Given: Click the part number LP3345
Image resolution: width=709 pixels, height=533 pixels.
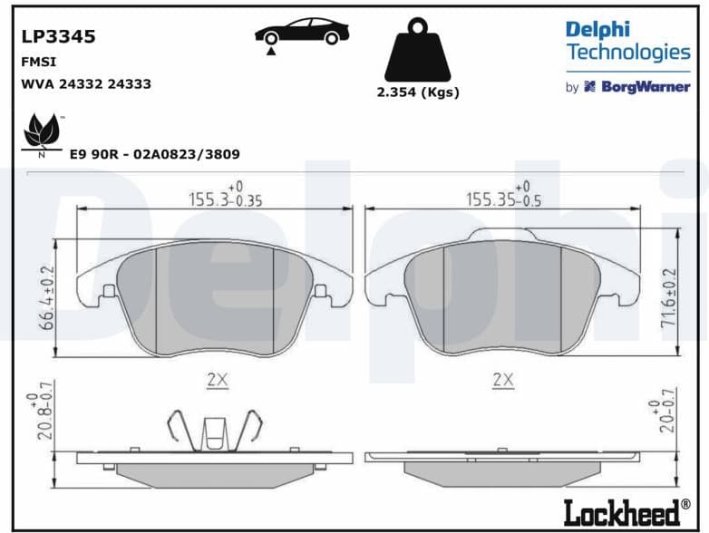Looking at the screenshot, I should coord(58,37).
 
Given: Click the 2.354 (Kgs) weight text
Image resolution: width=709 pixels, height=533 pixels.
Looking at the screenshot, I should coord(418,92).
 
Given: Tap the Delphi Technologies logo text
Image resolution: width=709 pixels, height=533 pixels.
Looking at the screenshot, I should coord(627,41).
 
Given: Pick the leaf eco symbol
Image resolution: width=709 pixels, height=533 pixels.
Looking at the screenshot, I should coord(42,133).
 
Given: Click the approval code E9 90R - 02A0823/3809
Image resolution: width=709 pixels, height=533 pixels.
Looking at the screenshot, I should coord(154,155).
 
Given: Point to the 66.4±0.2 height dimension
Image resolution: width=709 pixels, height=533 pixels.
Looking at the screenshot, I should coord(48,297).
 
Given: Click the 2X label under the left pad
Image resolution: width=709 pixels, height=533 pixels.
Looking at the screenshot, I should coord(216,381).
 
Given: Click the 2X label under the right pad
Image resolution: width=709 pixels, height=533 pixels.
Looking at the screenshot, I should coord(502,381).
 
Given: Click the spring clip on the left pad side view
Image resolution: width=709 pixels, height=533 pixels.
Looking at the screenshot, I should coord(214,430).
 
